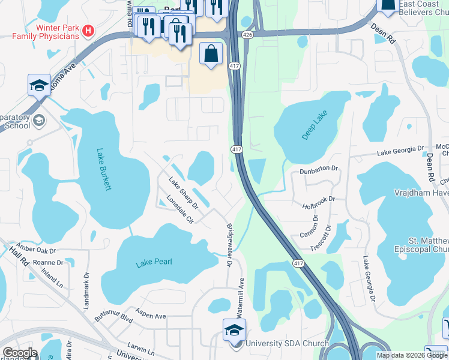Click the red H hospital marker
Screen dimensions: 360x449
click(x=88, y=30)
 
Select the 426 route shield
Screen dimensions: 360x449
click(x=247, y=36)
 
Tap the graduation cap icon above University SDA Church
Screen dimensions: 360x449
click(x=234, y=329)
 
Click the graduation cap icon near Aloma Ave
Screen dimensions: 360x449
click(x=39, y=85)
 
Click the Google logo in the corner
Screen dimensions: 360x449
click(x=20, y=353)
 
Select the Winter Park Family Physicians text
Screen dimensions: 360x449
click(x=49, y=32)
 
